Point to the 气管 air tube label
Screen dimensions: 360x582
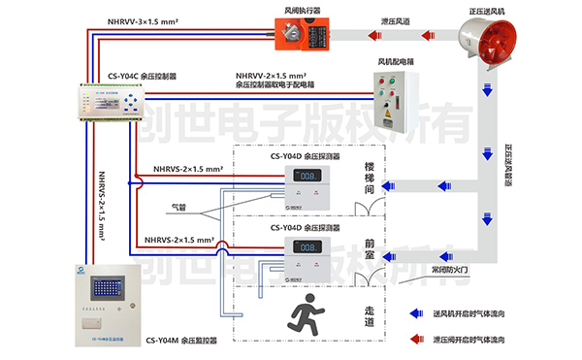point(178,206)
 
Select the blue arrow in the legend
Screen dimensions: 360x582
point(412,314)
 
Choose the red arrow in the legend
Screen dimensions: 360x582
point(412,339)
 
